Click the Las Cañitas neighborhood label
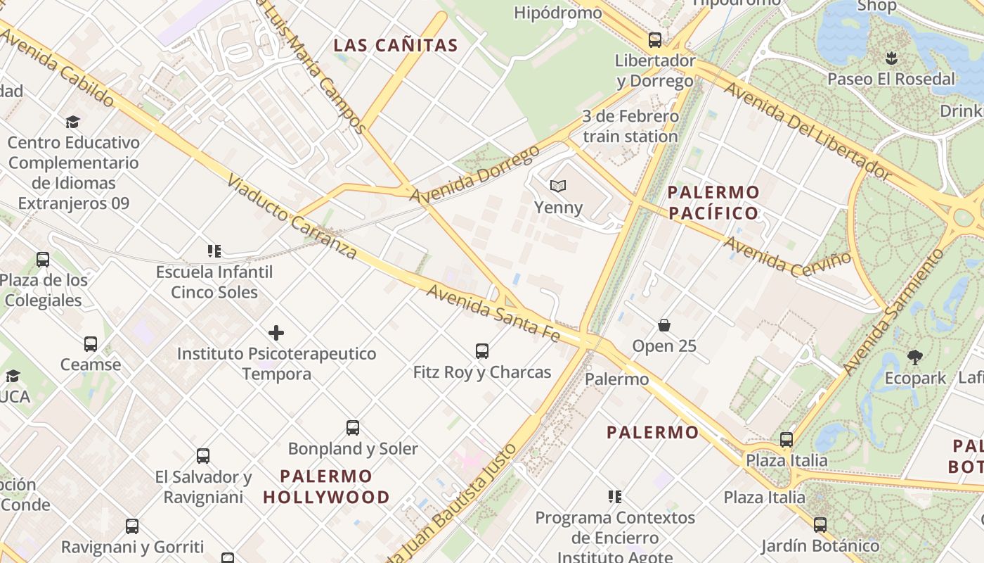point(396,46)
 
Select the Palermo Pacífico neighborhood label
point(713,202)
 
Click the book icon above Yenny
point(558,186)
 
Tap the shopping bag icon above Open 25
point(664,325)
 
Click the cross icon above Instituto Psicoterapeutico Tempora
point(276,332)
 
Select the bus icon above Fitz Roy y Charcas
point(482,350)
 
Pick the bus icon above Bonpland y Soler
point(353,427)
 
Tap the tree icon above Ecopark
point(915,357)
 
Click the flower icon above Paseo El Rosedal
point(891,58)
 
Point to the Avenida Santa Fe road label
point(493,313)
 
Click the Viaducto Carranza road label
point(292,216)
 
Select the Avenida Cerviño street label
point(787,258)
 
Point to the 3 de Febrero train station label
point(630,126)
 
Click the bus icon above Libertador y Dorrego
point(655,39)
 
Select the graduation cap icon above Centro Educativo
point(72,122)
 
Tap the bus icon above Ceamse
point(91,343)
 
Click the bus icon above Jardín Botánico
point(820,524)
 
